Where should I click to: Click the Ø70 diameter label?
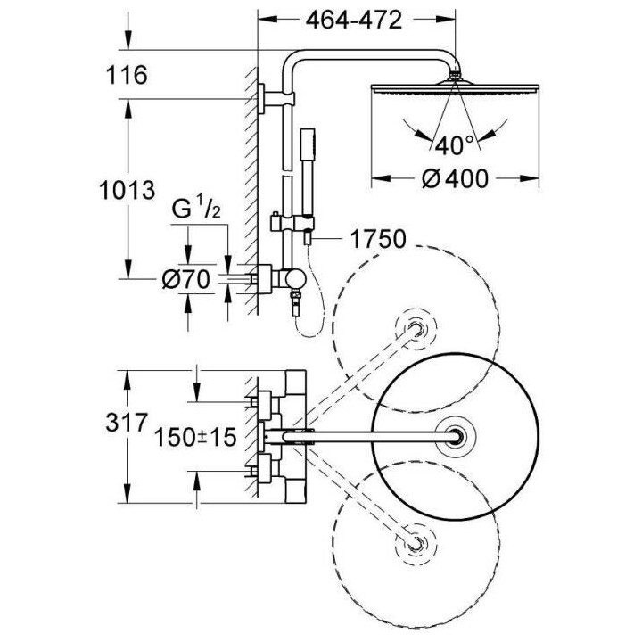pos(186,280)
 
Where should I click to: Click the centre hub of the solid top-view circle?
pos(457,437)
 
